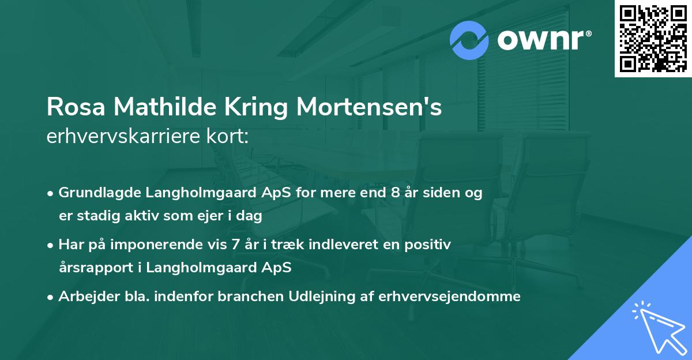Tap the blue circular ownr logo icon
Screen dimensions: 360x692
coord(469,40)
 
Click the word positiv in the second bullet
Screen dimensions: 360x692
coord(430,245)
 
